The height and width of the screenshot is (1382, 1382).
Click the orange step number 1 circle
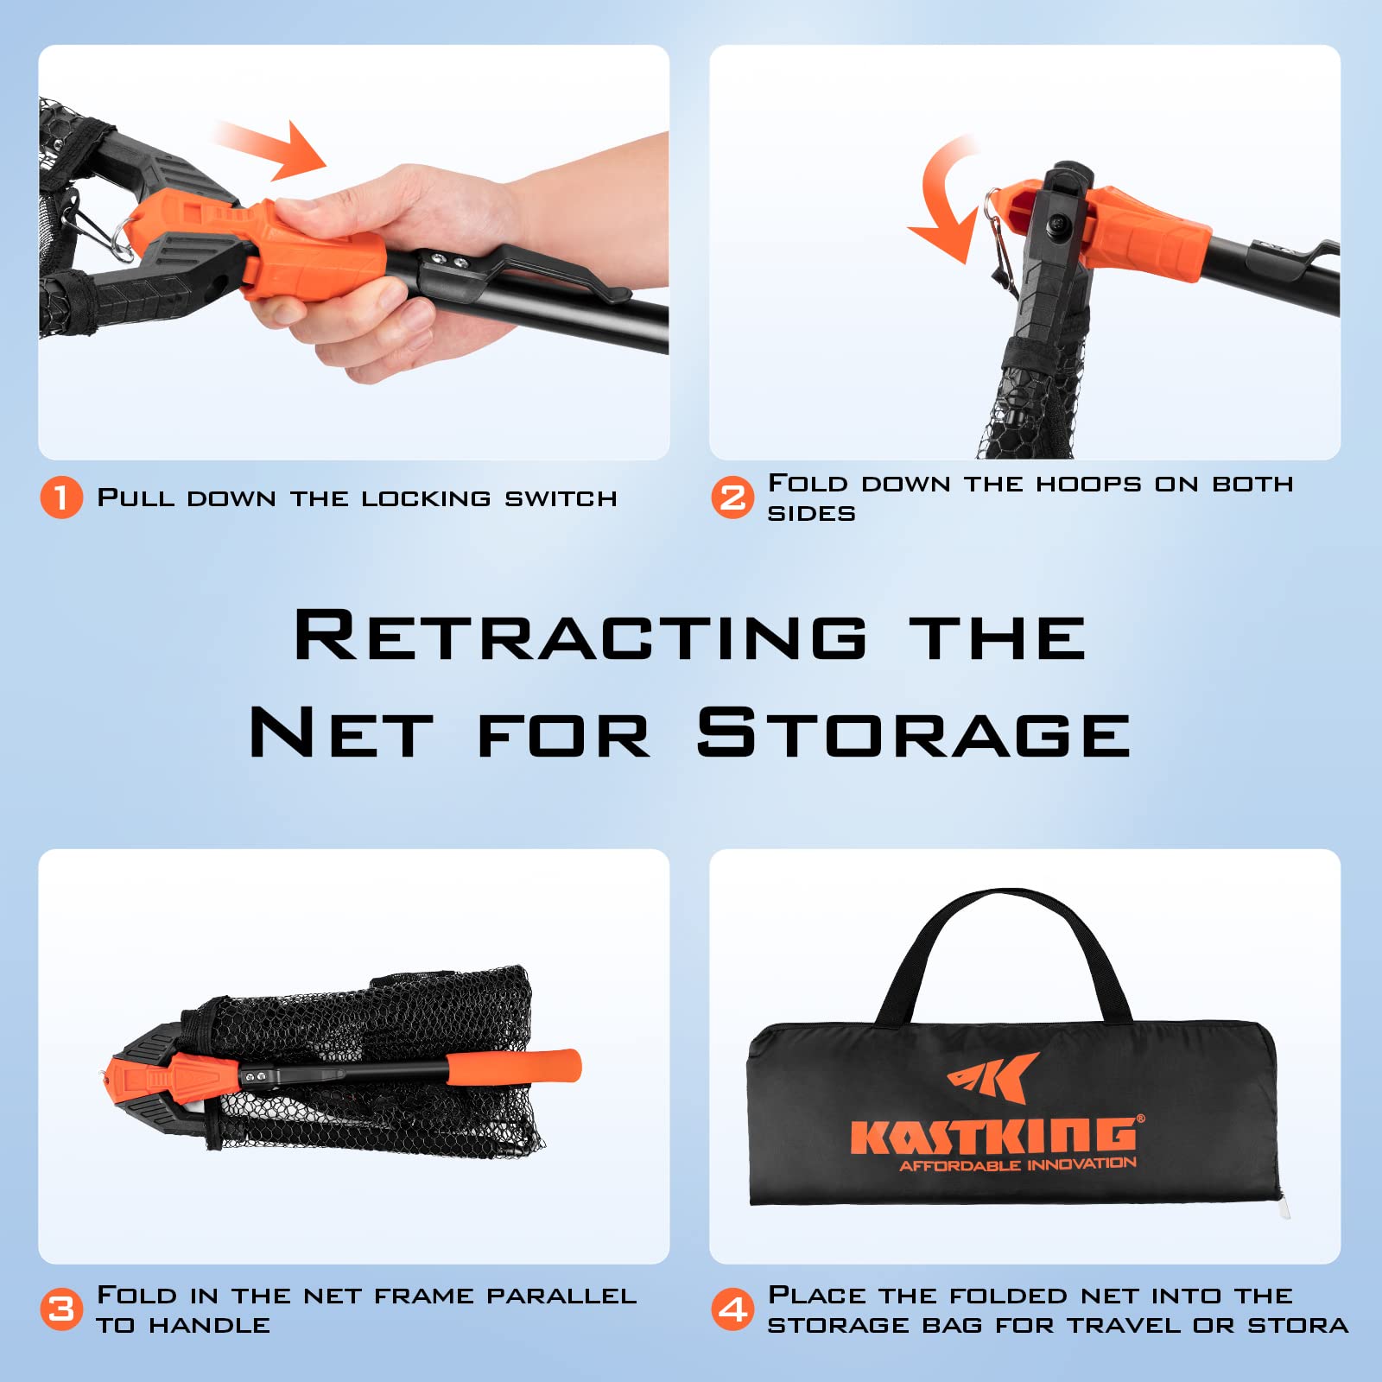click(x=61, y=498)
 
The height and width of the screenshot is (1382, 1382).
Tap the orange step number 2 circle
click(x=732, y=498)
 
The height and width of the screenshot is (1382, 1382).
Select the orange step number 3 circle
click(x=61, y=1309)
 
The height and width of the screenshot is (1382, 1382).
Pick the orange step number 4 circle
click(x=732, y=1309)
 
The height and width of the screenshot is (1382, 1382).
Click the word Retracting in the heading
click(x=580, y=636)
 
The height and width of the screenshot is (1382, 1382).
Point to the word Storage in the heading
click(x=914, y=732)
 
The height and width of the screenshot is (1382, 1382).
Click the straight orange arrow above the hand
click(x=269, y=149)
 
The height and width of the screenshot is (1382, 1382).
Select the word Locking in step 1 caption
click(x=426, y=498)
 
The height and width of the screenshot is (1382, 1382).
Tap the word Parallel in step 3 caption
click(x=561, y=1296)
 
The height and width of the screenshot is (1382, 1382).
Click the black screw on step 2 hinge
click(x=1056, y=228)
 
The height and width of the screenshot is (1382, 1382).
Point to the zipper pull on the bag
click(x=1284, y=1206)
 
